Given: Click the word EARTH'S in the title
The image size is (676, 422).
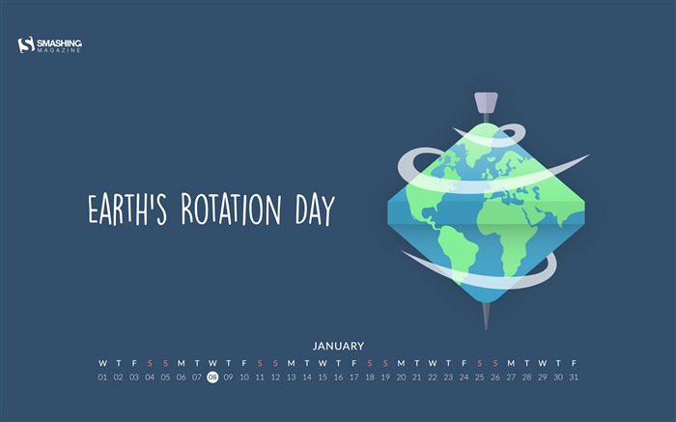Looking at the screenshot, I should [125, 210].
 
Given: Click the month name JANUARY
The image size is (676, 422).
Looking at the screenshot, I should [338, 345].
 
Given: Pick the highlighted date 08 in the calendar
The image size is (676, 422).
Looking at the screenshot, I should [212, 378].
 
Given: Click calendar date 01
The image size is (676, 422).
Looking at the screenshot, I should [102, 378].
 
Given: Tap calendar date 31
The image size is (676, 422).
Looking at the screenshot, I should [574, 378].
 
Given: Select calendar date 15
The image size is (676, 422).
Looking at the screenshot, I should [323, 378].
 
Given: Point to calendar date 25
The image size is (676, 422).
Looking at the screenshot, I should [479, 378].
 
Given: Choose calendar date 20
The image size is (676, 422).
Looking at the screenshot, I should [401, 378].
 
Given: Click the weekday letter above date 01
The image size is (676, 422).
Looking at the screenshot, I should [102, 363].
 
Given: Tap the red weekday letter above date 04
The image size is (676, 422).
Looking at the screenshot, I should [150, 363].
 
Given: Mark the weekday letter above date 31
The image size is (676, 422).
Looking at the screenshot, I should [574, 363].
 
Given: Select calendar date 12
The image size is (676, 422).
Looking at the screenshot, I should [275, 378].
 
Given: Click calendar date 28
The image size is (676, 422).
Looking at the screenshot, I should [526, 378].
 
